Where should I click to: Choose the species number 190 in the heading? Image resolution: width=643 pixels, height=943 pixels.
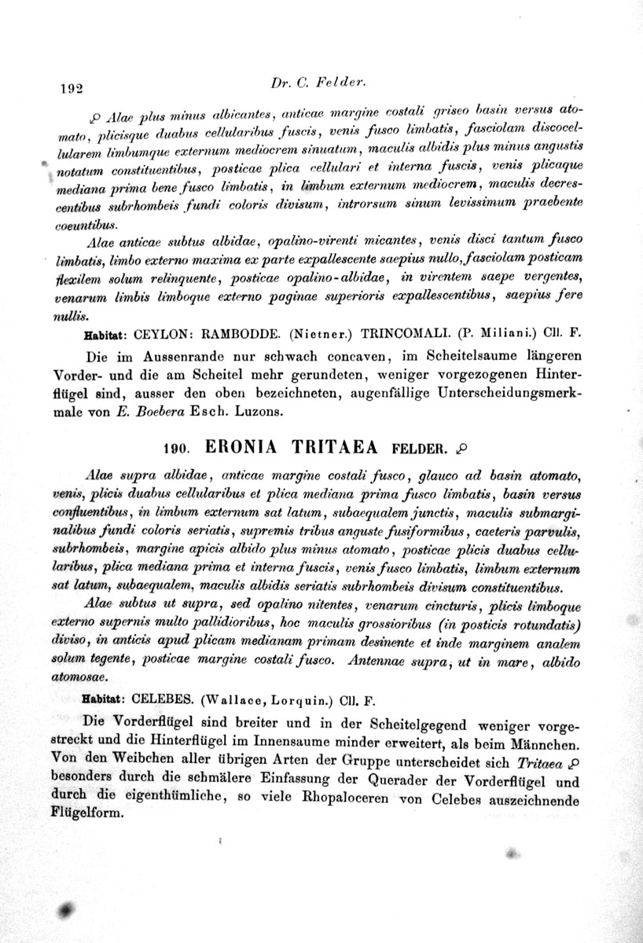[175, 449]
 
